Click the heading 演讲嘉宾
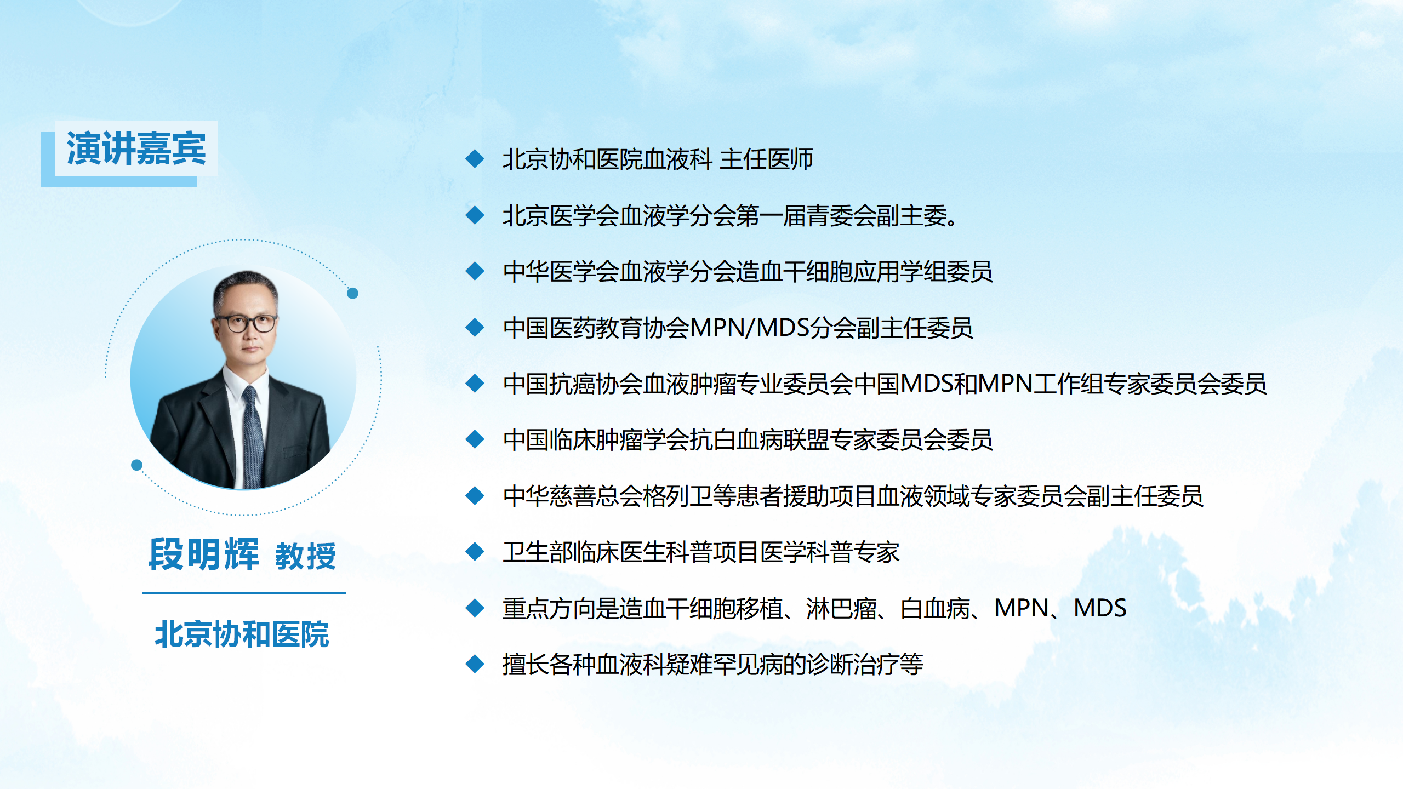136,148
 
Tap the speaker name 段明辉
204,554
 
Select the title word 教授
305,556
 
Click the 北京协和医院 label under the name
242,634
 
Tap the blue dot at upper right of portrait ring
353,293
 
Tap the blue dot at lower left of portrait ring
137,465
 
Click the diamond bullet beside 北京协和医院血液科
475,159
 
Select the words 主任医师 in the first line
766,159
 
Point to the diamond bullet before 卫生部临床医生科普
475,552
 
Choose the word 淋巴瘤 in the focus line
841,608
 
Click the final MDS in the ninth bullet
1100,608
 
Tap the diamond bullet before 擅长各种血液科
475,664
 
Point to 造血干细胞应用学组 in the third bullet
841,272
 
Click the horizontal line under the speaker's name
244,593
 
